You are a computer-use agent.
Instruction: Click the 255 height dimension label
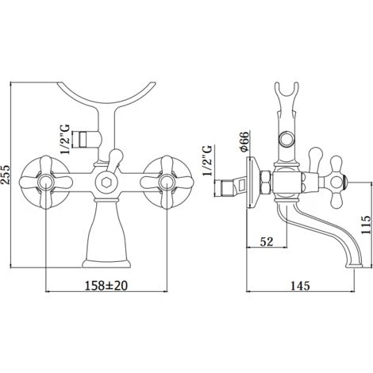(5, 174)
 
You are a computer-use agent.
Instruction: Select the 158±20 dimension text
(106, 285)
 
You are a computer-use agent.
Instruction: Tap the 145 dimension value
(300, 286)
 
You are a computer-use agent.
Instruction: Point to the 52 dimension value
(267, 241)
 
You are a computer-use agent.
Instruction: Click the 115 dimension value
(367, 225)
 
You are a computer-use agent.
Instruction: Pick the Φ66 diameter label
(244, 141)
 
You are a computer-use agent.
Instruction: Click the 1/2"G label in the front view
(65, 139)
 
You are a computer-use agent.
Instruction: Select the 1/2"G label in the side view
(207, 160)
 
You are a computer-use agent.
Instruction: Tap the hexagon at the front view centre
(106, 183)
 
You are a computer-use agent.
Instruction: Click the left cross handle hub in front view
(45, 182)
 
